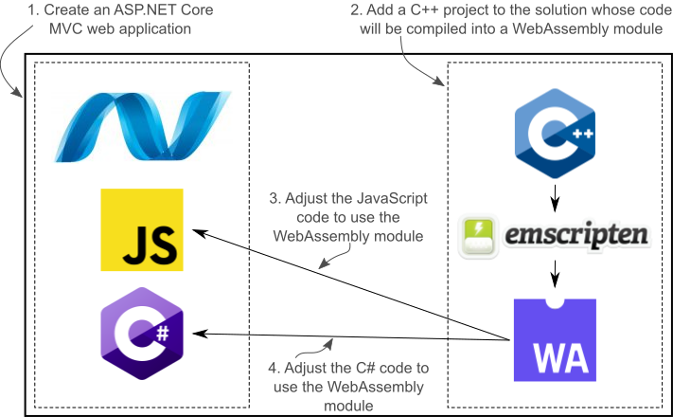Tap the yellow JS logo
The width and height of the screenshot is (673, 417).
tap(142, 230)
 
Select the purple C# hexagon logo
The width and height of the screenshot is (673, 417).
tap(141, 334)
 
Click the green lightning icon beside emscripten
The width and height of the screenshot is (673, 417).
tap(479, 234)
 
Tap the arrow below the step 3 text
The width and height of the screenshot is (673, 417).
tap(336, 254)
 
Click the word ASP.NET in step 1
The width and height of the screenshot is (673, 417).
tap(141, 11)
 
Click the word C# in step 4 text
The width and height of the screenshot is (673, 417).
tap(364, 369)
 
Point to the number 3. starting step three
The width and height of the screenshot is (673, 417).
tap(275, 199)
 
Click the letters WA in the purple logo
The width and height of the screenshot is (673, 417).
tap(554, 357)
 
